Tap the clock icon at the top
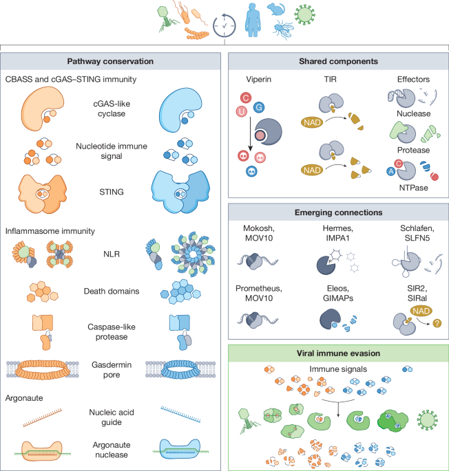(x=224, y=26)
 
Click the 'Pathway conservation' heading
(x=110, y=61)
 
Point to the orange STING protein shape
(x=42, y=194)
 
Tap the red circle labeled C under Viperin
(x=246, y=98)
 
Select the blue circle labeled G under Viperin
(x=259, y=107)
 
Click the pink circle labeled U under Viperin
(x=241, y=112)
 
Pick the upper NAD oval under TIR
(x=312, y=122)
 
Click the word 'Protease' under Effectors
(x=413, y=150)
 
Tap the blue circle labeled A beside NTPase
(x=391, y=171)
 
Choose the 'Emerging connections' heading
(x=338, y=212)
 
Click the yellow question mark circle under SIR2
(x=437, y=323)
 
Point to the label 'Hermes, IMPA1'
(x=337, y=233)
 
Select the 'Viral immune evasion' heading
(x=338, y=353)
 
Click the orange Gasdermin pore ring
(x=43, y=369)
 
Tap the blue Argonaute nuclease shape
(x=180, y=449)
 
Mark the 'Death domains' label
(x=112, y=291)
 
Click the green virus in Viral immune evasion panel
(x=428, y=420)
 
